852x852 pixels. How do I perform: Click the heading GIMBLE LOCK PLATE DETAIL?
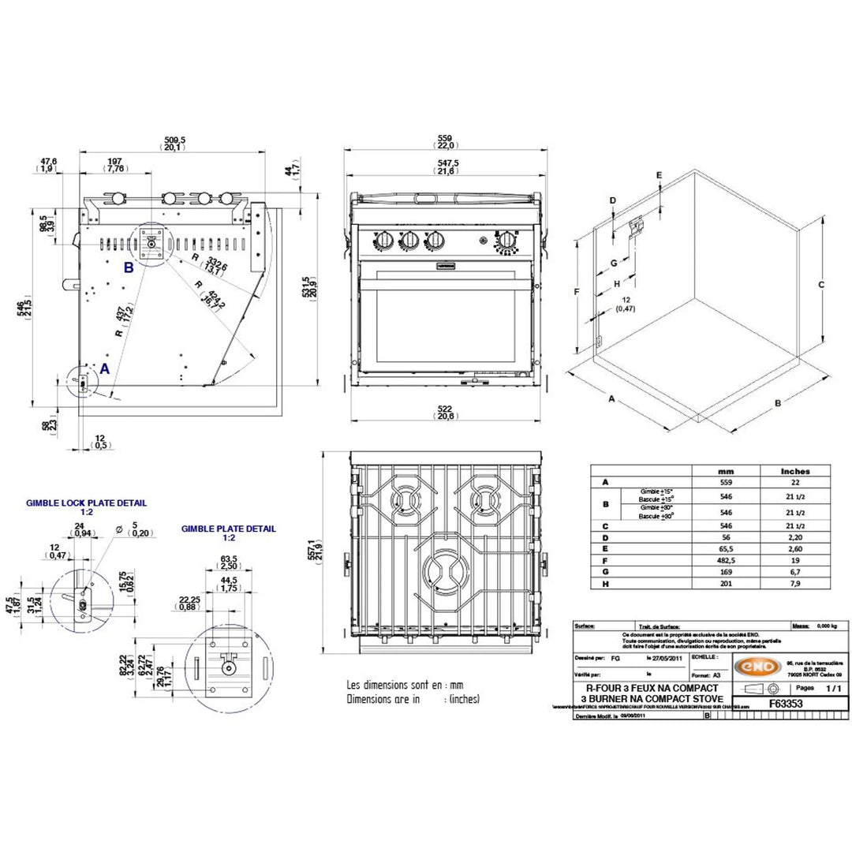[86, 503]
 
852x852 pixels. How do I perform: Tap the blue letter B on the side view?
[128, 267]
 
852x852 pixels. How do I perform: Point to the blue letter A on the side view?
[104, 368]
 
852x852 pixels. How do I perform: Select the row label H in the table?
[605, 584]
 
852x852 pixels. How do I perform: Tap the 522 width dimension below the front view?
[447, 407]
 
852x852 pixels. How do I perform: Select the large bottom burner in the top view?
[447, 570]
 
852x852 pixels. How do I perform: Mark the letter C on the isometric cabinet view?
[821, 284]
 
